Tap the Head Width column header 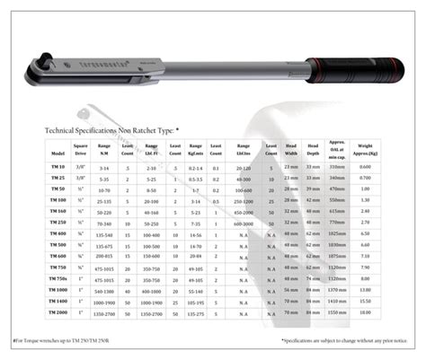pos(290,148)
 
